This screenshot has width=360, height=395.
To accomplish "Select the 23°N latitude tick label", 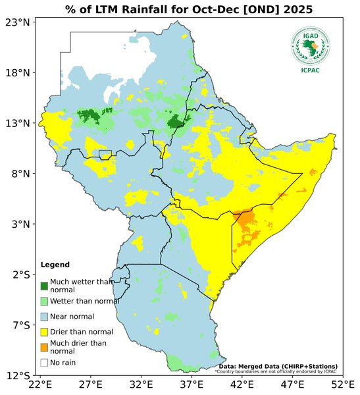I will pos(18,22).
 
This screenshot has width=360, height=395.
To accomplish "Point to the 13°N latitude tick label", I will pos(18,123).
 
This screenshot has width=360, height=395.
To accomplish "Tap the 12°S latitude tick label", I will pos(18,375).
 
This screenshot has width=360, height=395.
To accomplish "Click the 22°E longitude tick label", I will pos(40,384).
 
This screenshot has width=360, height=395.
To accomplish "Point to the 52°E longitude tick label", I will pos(342,384).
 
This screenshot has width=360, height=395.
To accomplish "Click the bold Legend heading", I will pos(55,265).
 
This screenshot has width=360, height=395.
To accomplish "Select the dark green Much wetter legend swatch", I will pos(44,286).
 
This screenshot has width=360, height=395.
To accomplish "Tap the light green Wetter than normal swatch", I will pos(44,301).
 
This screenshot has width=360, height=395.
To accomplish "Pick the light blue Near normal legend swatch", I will pos(44,317).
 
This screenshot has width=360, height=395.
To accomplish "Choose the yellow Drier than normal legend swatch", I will pos(44,332).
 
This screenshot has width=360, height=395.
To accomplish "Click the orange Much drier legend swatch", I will pos(44,347).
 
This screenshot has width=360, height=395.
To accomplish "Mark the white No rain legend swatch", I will pos(44,362).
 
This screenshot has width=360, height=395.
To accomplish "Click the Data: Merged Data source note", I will pos(278,366).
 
